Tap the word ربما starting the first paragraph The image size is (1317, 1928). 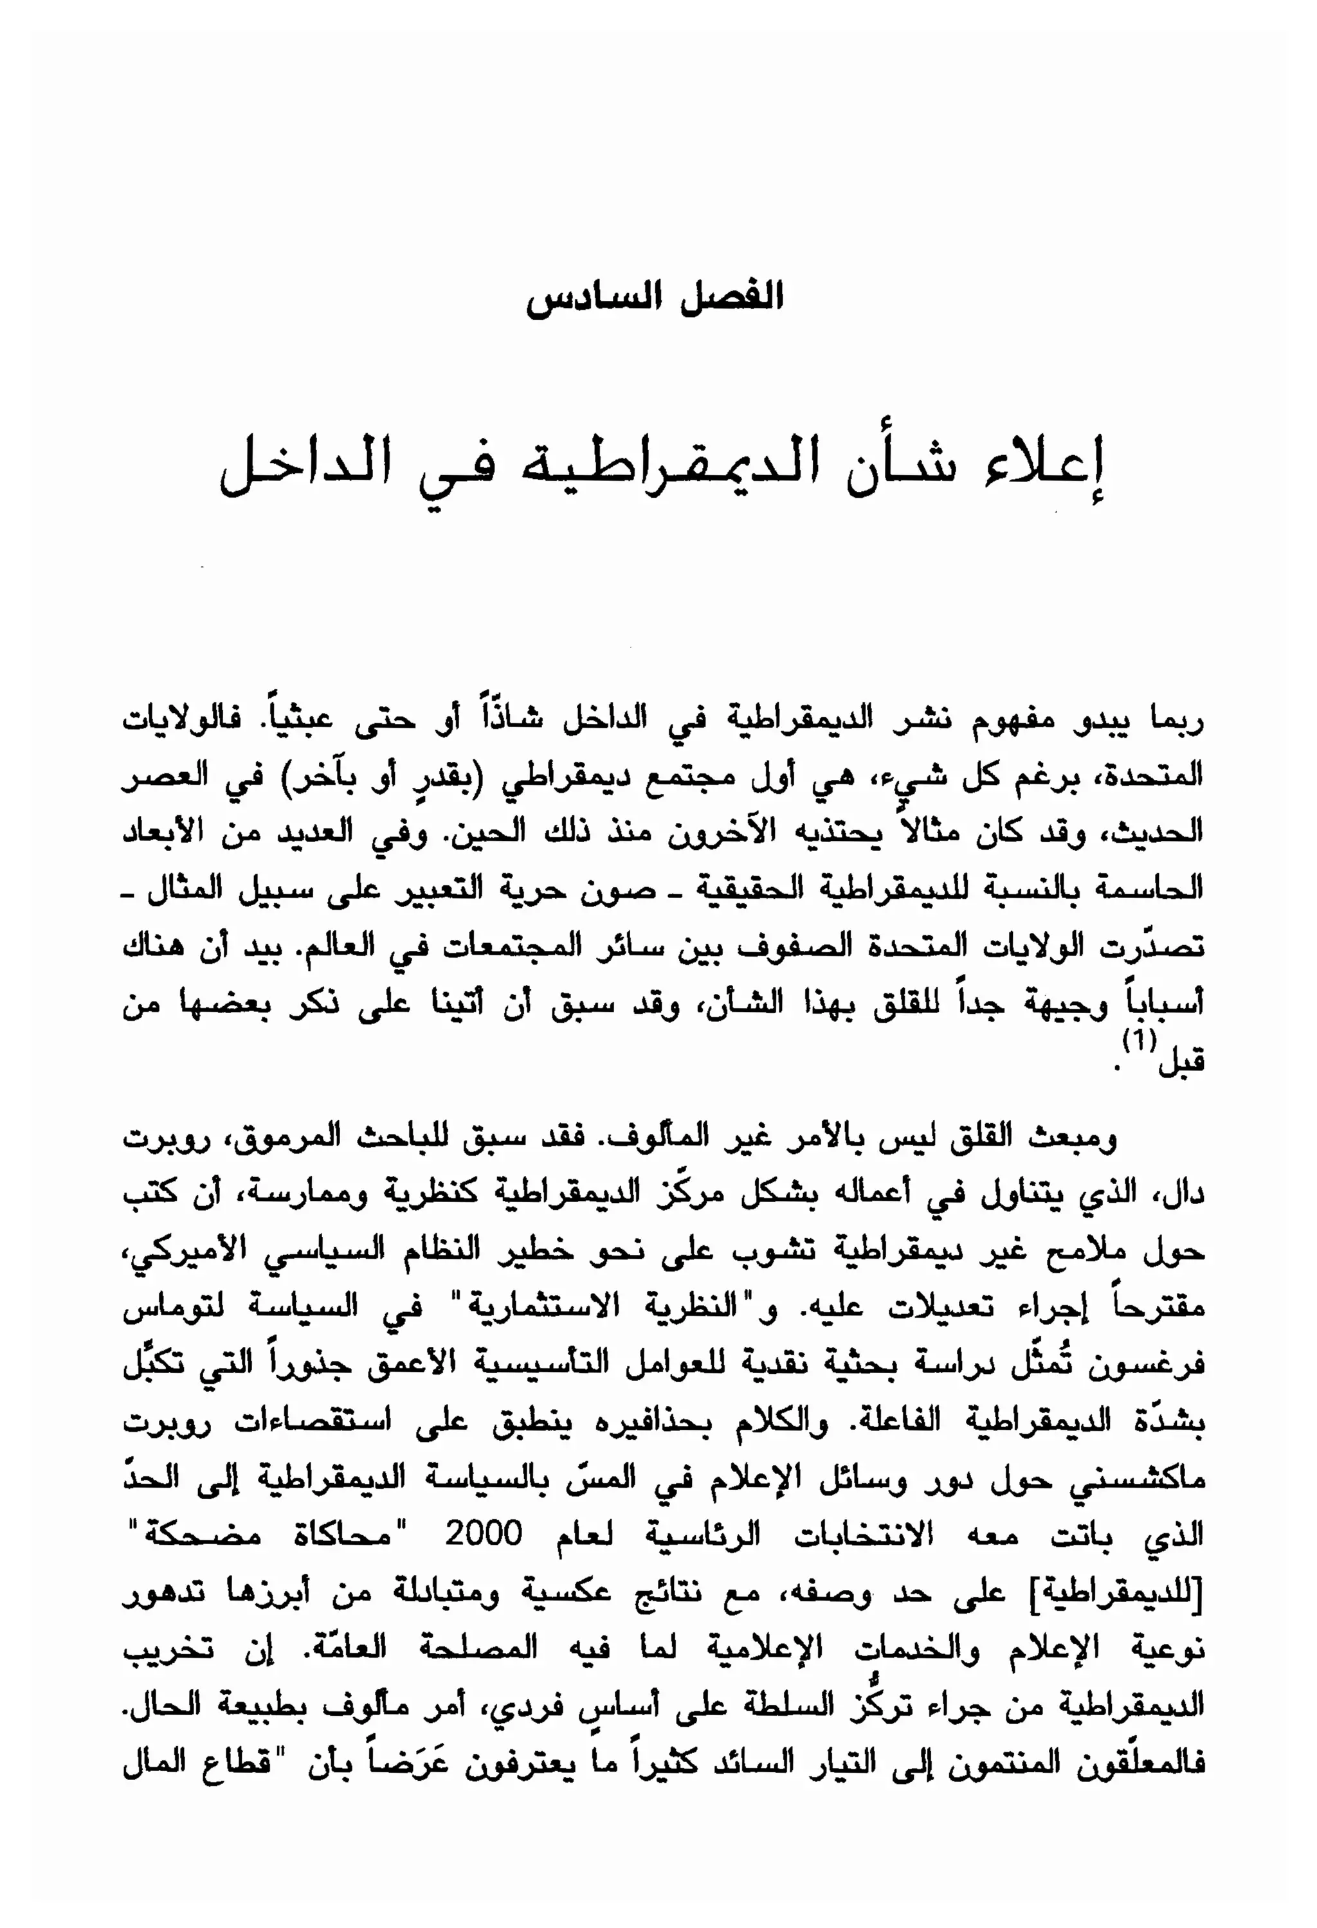click(1174, 720)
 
